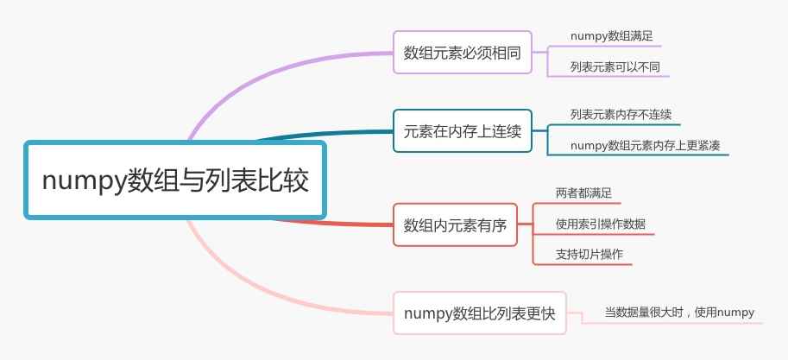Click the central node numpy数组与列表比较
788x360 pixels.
(175, 181)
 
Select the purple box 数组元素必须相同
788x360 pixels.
(462, 53)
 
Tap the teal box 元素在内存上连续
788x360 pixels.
(462, 132)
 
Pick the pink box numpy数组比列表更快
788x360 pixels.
(479, 313)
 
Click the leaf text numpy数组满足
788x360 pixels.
(610, 36)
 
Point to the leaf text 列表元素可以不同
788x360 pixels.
(608, 66)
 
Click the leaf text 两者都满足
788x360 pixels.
(583, 193)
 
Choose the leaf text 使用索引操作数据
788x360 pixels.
(600, 224)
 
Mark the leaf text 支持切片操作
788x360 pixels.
(589, 255)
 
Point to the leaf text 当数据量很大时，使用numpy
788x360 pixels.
(678, 313)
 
